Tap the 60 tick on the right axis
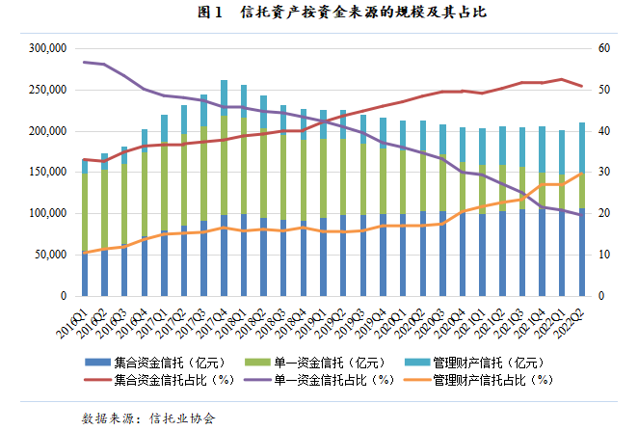pos(603,48)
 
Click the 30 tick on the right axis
pos(603,173)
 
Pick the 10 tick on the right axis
pos(603,256)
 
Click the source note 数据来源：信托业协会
pos(148,418)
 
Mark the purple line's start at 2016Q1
pos(85,62)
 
